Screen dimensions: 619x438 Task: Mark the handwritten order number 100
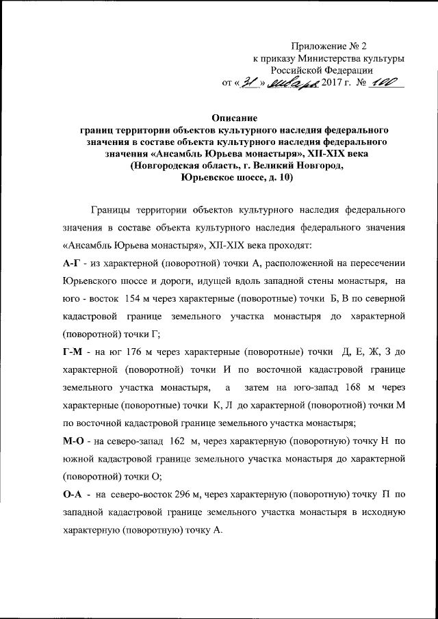click(x=387, y=83)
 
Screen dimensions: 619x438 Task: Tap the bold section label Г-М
click(x=72, y=353)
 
